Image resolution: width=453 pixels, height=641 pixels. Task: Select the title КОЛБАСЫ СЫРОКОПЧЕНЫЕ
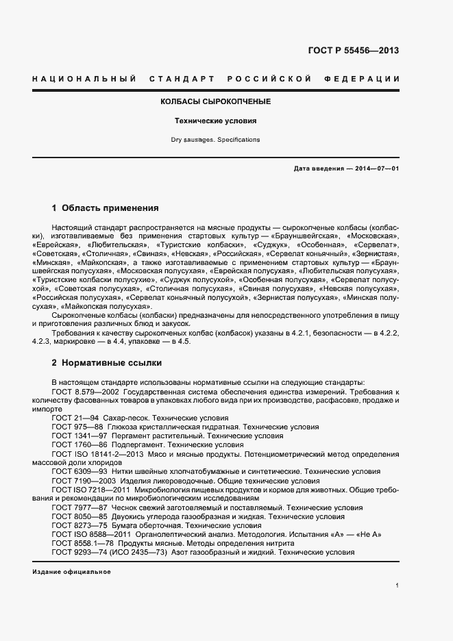click(215, 101)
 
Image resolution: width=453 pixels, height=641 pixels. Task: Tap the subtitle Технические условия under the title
click(215, 121)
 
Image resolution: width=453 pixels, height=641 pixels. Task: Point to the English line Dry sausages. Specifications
click(215, 140)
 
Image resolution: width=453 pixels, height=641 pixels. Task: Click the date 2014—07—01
click(376, 168)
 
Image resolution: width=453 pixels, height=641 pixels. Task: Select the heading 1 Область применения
click(106, 208)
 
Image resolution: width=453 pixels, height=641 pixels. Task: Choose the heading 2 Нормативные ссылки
click(107, 362)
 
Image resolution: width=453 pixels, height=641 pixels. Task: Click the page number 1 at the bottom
click(397, 586)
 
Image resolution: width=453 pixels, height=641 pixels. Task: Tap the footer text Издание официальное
click(71, 571)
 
